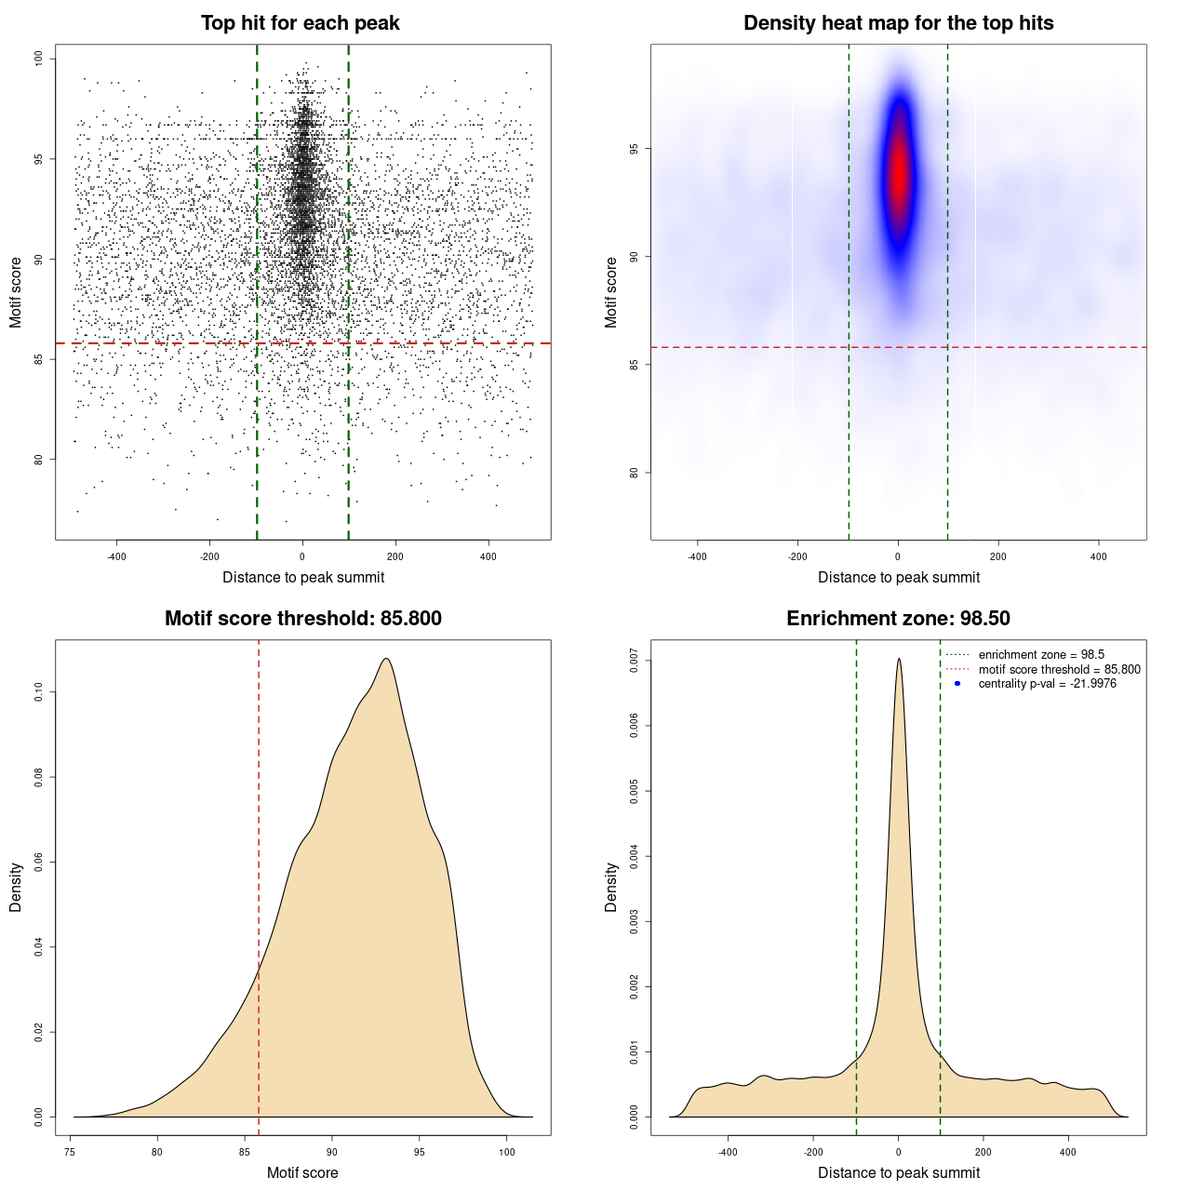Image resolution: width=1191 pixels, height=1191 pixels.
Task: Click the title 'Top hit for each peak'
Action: [x=300, y=23]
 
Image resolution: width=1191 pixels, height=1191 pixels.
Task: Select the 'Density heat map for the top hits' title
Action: [x=898, y=23]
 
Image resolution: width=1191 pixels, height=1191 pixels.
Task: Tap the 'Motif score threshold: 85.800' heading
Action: [x=302, y=619]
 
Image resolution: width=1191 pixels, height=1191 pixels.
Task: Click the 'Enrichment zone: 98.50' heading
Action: [x=898, y=619]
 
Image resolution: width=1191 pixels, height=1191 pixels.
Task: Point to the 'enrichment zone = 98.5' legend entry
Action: [x=1041, y=655]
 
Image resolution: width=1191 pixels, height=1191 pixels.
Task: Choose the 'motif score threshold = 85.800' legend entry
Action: [x=1059, y=669]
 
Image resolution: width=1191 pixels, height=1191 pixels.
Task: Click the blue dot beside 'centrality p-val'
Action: [x=957, y=684]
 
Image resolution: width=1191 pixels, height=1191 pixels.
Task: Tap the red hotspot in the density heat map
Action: [x=898, y=172]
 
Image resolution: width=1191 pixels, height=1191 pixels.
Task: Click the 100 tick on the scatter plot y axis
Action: [x=38, y=59]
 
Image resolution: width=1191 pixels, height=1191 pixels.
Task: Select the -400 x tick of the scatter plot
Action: [x=116, y=556]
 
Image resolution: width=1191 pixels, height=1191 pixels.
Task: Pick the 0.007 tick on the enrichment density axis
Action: [x=634, y=662]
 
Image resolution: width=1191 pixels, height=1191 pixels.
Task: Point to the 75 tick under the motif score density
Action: [x=71, y=1152]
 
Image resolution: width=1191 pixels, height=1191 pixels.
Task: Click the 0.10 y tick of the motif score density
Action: [x=38, y=691]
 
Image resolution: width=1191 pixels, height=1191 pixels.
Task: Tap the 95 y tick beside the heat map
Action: [x=634, y=149]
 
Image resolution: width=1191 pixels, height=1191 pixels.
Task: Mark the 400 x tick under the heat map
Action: [x=1099, y=556]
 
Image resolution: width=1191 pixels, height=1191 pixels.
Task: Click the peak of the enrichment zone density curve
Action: [x=899, y=659]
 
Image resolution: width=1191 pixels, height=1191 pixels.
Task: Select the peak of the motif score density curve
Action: [x=385, y=659]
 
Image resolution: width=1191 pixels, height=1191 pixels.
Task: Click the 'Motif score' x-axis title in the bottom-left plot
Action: [x=302, y=1172]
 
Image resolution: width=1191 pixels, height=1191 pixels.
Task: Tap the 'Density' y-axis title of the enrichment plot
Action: [x=611, y=887]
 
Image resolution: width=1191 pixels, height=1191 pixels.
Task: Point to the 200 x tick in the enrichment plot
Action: [x=984, y=1152]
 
